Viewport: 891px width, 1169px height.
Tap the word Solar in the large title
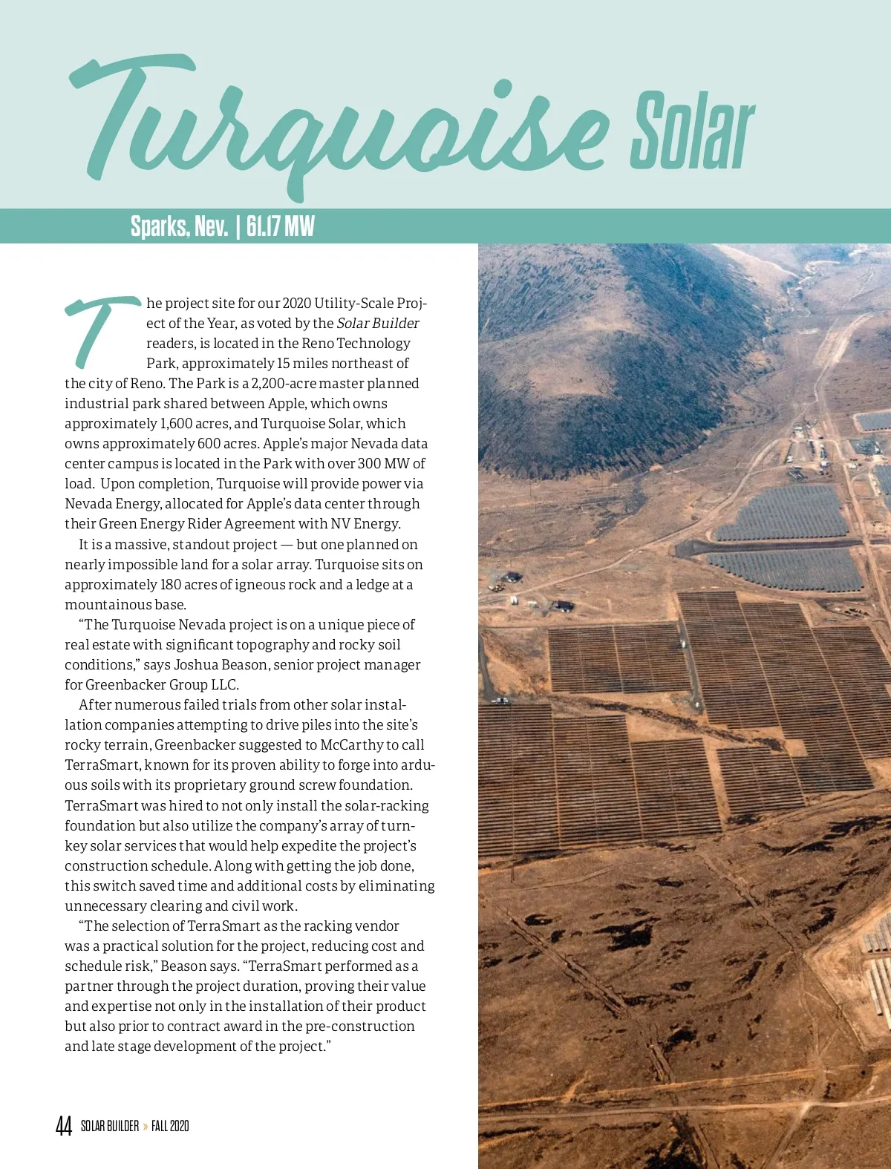point(692,131)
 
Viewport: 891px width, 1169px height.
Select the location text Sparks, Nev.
point(179,226)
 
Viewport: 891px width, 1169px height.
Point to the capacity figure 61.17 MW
point(280,226)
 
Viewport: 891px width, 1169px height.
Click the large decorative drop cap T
point(100,331)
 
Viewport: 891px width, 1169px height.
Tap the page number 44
point(64,1126)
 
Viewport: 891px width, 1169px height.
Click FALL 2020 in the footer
point(170,1126)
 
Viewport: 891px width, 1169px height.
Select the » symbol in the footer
point(146,1126)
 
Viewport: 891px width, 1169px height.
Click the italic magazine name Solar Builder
point(378,324)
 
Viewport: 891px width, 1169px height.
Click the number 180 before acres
point(172,585)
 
